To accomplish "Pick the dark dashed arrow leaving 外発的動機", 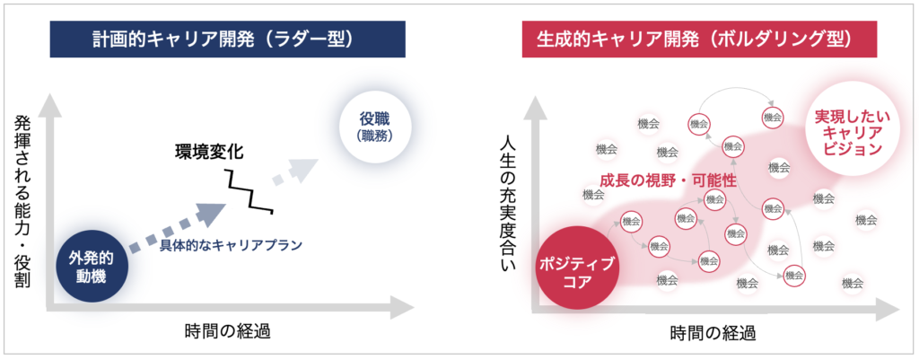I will (x=176, y=228).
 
